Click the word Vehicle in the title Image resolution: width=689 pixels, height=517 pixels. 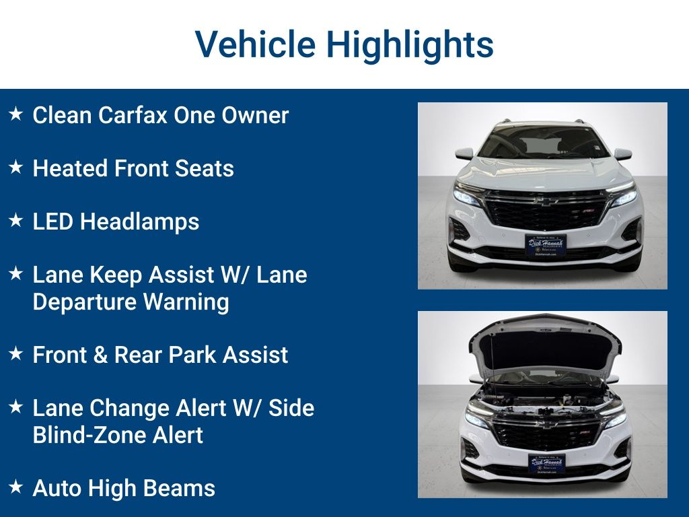point(255,45)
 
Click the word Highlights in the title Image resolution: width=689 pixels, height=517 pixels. point(410,45)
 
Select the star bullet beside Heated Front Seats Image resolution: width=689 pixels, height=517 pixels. point(15,168)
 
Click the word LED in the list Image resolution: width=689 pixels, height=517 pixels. point(53,221)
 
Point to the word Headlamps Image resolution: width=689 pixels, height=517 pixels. point(140,221)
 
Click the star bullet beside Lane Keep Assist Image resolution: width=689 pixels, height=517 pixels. point(15,274)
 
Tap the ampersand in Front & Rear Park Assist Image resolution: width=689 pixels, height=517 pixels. point(99,355)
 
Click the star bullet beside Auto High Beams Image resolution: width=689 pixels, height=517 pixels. point(15,487)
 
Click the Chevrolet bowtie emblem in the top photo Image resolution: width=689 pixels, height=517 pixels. point(546,201)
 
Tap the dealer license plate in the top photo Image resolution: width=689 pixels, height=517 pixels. point(545,244)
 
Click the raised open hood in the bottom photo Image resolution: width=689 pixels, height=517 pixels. point(545,347)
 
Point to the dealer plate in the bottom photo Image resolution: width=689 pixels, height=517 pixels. point(546,463)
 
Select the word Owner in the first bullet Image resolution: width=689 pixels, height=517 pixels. point(255,115)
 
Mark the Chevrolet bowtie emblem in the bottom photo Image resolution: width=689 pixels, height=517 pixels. point(546,424)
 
